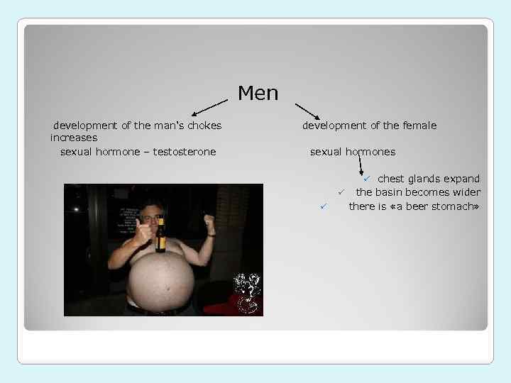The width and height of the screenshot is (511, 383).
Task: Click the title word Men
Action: tap(258, 93)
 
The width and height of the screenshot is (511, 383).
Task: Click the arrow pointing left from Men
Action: tap(210, 107)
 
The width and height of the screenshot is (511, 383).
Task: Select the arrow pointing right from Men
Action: tap(307, 110)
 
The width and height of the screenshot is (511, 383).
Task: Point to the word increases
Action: tap(74, 138)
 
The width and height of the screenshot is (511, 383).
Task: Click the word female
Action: tap(419, 126)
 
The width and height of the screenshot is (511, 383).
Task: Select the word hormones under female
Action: tap(370, 152)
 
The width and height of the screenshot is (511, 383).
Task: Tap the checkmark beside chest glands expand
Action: tap(368, 178)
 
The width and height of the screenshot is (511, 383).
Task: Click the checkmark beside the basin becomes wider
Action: tap(341, 191)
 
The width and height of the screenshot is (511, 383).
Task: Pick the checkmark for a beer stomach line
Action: tap(322, 206)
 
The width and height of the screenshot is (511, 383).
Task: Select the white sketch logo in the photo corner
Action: tap(246, 292)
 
